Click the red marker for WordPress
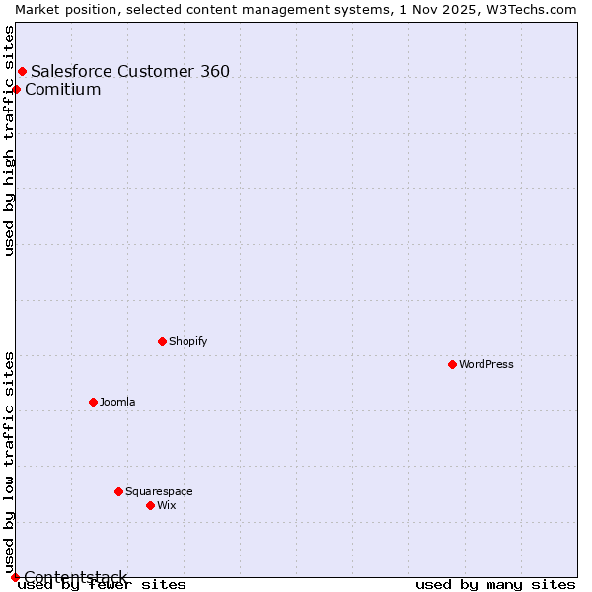pyautogui.click(x=452, y=364)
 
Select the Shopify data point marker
pyautogui.click(x=162, y=341)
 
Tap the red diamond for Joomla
pyautogui.click(x=93, y=402)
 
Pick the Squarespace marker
pyautogui.click(x=118, y=491)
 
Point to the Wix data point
pyautogui.click(x=150, y=505)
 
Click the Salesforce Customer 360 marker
pyautogui.click(x=22, y=71)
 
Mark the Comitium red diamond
pyautogui.click(x=16, y=90)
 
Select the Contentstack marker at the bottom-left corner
pyautogui.click(x=15, y=577)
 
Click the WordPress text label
pyautogui.click(x=486, y=364)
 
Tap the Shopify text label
pyautogui.click(x=188, y=341)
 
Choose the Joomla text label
pyautogui.click(x=117, y=402)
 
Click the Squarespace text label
pyautogui.click(x=159, y=491)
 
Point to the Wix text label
pyautogui.click(x=167, y=505)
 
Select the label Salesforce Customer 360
pyautogui.click(x=130, y=71)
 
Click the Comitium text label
pyautogui.click(x=63, y=90)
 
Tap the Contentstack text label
pyautogui.click(x=76, y=577)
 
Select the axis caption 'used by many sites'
pyautogui.click(x=495, y=585)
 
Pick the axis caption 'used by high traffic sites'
pyautogui.click(x=9, y=139)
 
